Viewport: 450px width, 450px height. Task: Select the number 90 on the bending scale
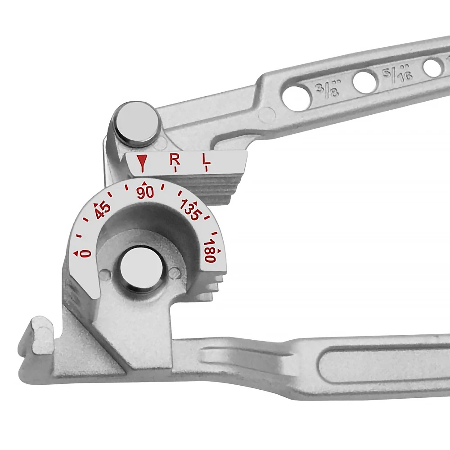[x=145, y=193]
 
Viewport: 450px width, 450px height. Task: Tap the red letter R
[x=175, y=159]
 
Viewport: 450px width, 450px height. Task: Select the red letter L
[x=206, y=159]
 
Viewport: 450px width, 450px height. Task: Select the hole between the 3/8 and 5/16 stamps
[x=365, y=82]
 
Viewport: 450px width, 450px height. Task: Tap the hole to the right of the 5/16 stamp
[x=432, y=67]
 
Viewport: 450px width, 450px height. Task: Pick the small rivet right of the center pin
[x=176, y=272]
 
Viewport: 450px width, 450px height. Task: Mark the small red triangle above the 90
[x=144, y=183]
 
